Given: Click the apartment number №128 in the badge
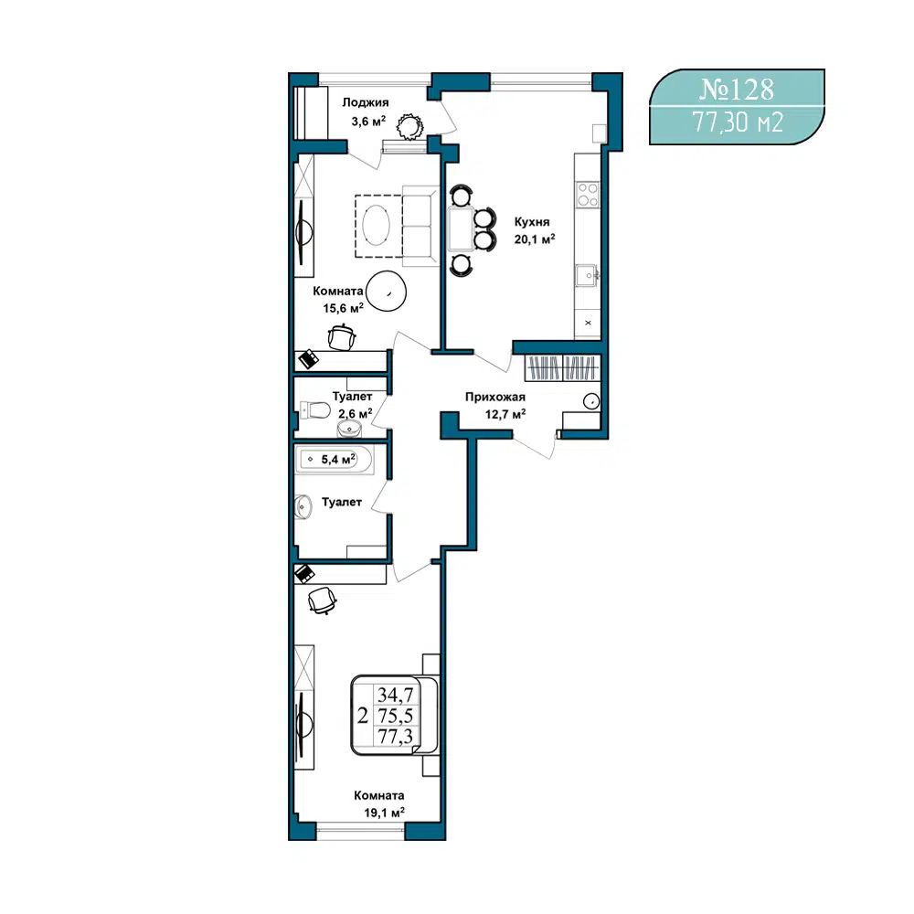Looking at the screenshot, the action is click(736, 90).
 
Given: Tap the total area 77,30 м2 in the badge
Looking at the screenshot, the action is click(738, 122).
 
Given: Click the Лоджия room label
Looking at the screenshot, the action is click(365, 103).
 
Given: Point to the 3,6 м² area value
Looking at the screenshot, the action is click(367, 122).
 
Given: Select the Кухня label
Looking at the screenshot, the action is click(532, 222).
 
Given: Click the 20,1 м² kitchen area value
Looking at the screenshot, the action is click(534, 239).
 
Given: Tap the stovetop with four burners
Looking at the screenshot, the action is click(587, 195).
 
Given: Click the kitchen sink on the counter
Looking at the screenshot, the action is click(587, 275).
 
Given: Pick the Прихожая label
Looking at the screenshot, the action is click(494, 397).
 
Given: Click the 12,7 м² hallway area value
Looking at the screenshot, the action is click(505, 414).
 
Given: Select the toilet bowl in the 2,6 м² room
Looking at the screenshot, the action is click(314, 410).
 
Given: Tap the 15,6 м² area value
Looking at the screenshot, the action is click(344, 308).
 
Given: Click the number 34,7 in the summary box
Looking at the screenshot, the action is click(395, 695).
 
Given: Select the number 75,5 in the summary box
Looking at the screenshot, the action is click(395, 716).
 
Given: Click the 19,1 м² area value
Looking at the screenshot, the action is click(384, 813).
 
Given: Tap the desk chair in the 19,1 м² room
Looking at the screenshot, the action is click(322, 600).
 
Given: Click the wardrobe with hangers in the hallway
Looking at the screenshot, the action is click(562, 367).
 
